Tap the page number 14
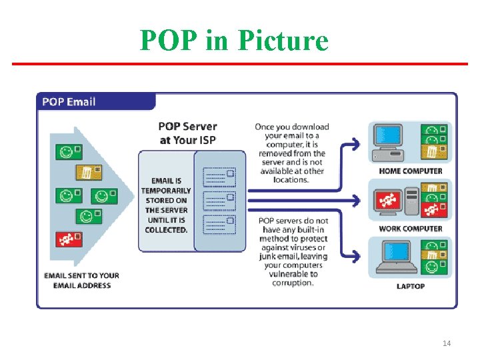447,343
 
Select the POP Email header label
69,102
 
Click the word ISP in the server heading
203,140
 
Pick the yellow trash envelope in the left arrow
87,173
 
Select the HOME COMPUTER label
410,171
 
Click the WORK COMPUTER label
410,229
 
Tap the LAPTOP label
411,286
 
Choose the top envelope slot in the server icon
220,177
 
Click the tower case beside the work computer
412,201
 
